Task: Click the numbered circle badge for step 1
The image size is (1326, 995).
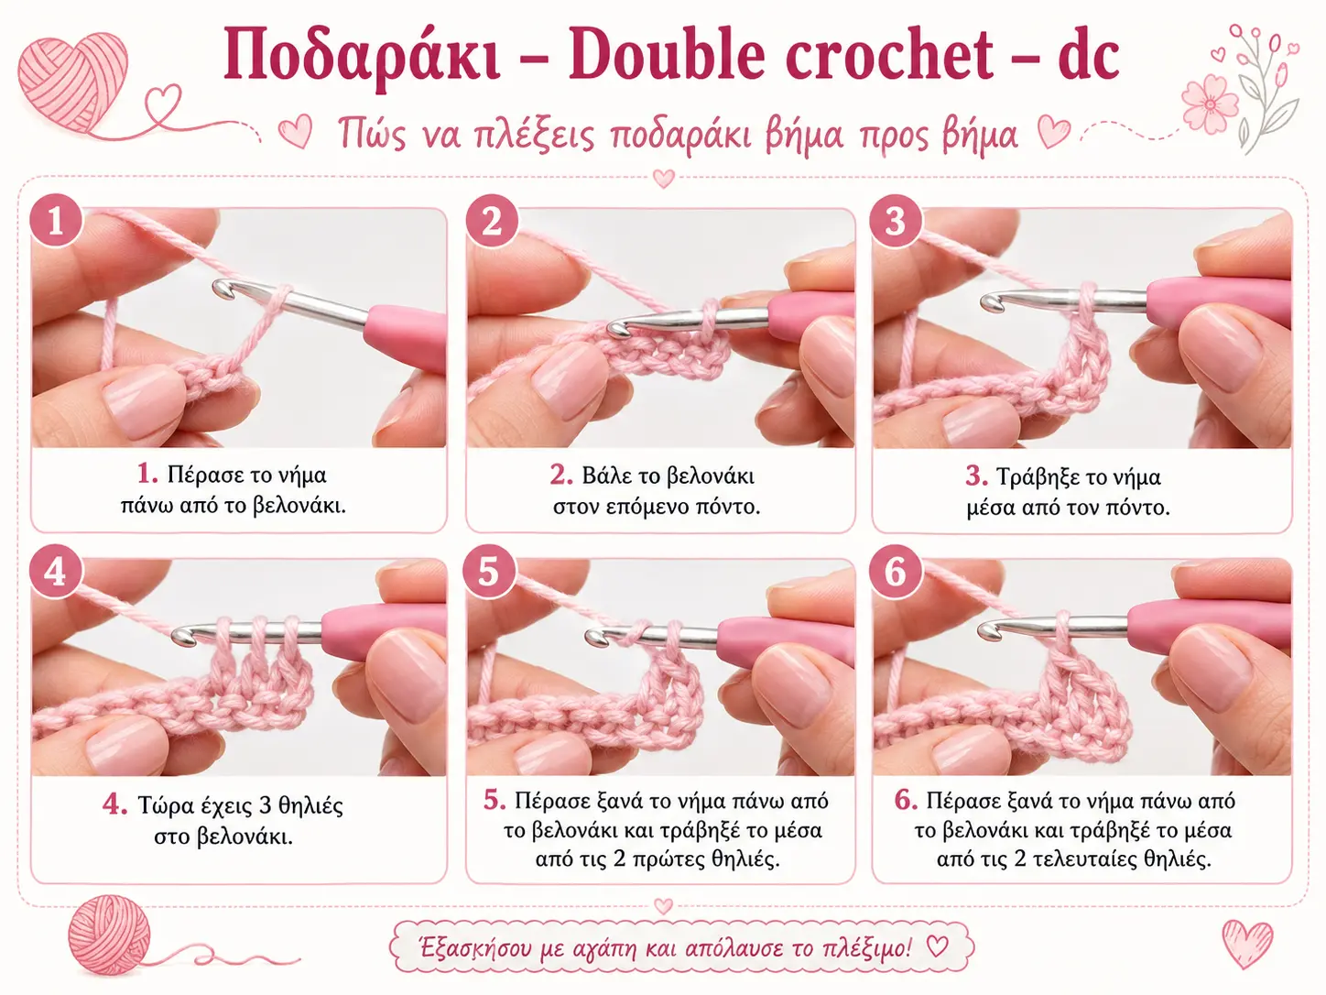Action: (x=56, y=220)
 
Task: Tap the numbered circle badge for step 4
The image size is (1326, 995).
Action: (x=56, y=571)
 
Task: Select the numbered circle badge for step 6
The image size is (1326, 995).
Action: (x=896, y=571)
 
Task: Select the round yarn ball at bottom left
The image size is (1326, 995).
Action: (x=109, y=935)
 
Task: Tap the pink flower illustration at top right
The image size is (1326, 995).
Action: (x=1210, y=104)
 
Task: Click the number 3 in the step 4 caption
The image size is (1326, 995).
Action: (x=265, y=805)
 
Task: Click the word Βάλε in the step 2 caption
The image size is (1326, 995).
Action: (x=604, y=476)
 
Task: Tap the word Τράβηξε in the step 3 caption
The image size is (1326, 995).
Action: (x=1034, y=477)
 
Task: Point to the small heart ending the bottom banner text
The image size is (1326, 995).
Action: (x=937, y=946)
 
